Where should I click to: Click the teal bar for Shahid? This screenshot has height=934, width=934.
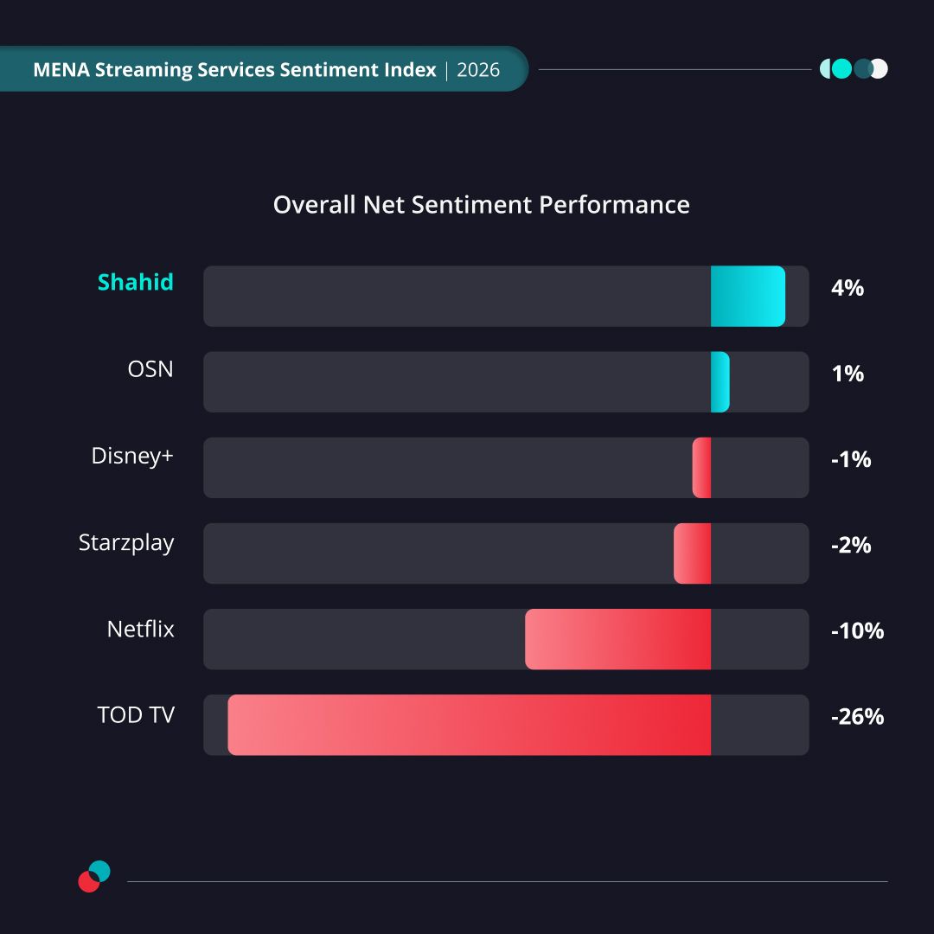point(747,296)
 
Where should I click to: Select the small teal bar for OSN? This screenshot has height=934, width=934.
point(720,382)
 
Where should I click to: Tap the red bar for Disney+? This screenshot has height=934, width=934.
point(701,468)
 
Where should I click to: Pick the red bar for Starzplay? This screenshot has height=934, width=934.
point(692,553)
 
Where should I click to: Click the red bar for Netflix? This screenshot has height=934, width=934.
point(617,639)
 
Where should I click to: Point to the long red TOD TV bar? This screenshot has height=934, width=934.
point(470,725)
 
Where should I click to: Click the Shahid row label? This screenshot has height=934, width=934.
point(135,282)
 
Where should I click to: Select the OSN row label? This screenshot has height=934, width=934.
point(150,368)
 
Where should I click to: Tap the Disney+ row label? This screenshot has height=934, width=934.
point(132,457)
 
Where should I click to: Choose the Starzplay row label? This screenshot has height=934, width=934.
point(126,542)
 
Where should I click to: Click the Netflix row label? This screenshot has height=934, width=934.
point(141,629)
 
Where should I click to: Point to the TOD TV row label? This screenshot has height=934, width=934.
point(136,714)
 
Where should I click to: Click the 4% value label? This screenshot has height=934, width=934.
point(847,288)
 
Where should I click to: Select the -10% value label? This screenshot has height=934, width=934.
point(857,630)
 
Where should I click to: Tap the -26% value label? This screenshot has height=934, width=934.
point(857,717)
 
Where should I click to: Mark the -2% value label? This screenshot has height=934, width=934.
point(851,545)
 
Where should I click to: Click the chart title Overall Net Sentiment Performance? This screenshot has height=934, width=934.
point(482,205)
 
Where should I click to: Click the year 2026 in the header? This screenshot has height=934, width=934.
point(478,70)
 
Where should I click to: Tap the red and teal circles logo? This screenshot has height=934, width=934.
point(94,876)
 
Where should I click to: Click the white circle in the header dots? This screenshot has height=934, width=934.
point(880,68)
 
